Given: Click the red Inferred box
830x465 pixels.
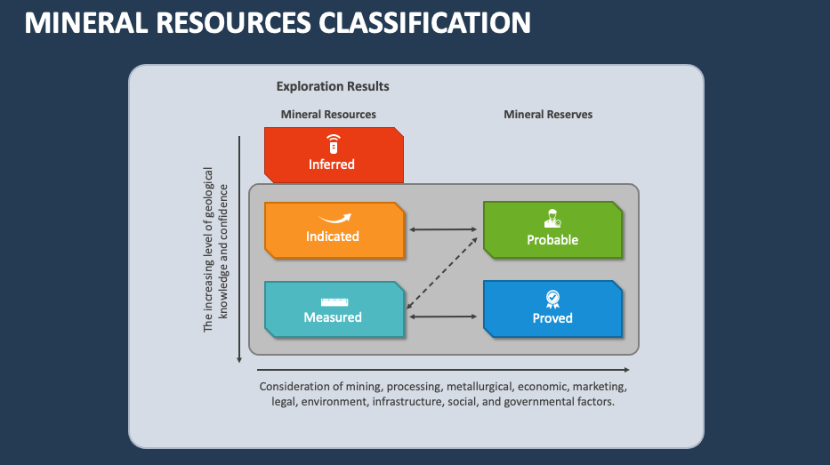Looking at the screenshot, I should (x=334, y=155).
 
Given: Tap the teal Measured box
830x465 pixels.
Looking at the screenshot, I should (x=334, y=310).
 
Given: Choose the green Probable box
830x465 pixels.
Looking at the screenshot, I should (x=552, y=229).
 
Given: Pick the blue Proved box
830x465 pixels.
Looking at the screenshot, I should (x=552, y=309).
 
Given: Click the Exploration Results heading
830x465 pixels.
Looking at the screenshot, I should (x=333, y=86).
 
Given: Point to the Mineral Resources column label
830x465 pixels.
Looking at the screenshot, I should (x=328, y=114).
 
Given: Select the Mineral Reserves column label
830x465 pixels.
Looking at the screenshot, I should (x=548, y=114).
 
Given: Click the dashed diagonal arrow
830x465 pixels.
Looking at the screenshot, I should (x=443, y=270).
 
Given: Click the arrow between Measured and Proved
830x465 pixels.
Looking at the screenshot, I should (x=443, y=316).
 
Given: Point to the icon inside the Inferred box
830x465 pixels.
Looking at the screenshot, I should (x=332, y=141).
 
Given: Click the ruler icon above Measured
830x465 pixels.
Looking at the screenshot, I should (x=333, y=301).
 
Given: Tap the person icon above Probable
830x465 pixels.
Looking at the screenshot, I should (x=552, y=219).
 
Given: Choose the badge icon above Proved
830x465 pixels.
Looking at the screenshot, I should (x=552, y=298).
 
